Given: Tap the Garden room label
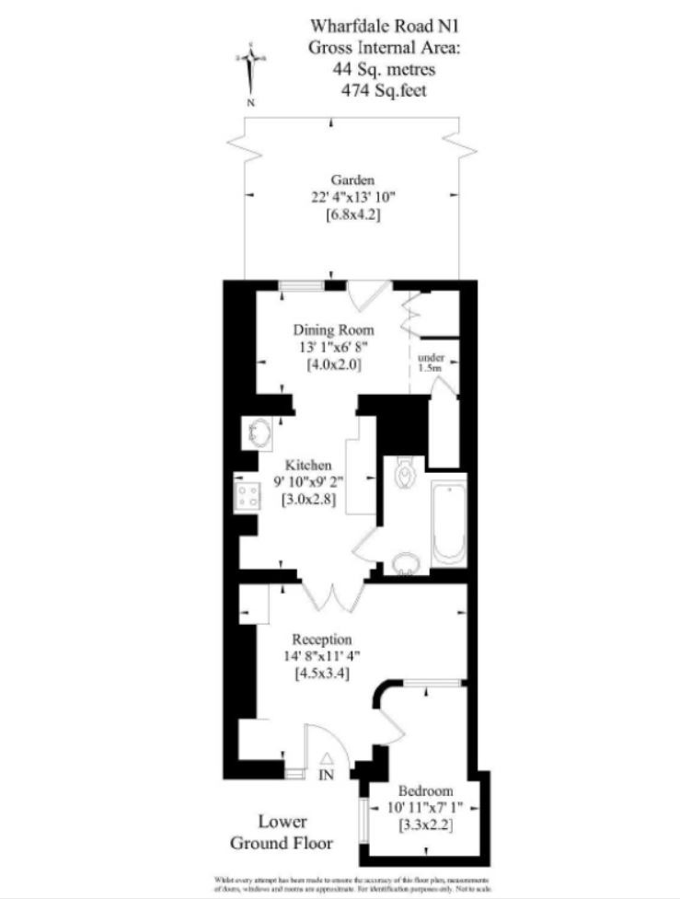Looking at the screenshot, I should coord(353,179).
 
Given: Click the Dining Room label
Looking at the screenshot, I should coord(333,329).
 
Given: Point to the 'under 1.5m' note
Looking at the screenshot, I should coord(431,363).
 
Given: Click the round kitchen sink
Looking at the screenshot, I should coord(259,432).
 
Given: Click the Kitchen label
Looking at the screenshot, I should coord(307,466).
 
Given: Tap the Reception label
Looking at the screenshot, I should coord(322,638).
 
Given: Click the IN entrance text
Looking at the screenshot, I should coord(325,776).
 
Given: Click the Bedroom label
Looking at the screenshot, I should coord(425,791).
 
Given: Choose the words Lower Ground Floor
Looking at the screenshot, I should coord(282,832).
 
